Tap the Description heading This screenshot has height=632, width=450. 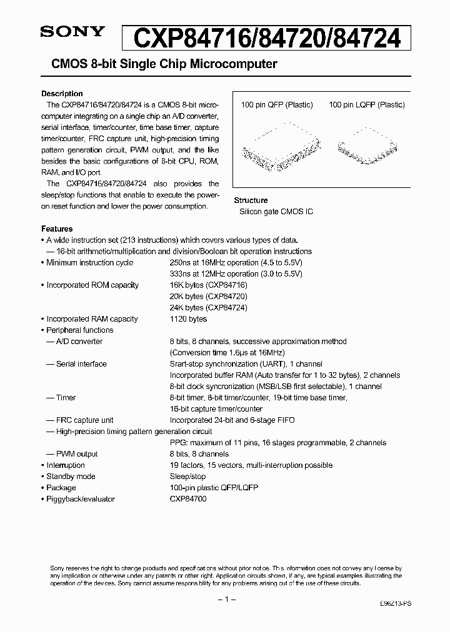(x=62, y=94)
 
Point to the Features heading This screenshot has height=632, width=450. (x=57, y=229)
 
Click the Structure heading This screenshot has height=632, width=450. (x=251, y=200)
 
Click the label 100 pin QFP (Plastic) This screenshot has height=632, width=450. (x=277, y=105)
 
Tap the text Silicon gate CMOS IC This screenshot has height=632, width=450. (x=276, y=212)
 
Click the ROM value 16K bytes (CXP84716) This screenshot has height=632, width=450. (x=208, y=285)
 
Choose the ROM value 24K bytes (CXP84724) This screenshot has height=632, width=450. (x=208, y=307)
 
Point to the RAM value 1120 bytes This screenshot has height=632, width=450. (x=189, y=318)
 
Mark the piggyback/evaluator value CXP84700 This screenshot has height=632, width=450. (x=188, y=498)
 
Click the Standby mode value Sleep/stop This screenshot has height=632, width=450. (x=187, y=476)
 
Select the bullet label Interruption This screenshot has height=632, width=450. (x=65, y=465)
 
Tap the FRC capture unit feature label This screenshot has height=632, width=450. (x=85, y=420)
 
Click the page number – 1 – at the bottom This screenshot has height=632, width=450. (x=225, y=599)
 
